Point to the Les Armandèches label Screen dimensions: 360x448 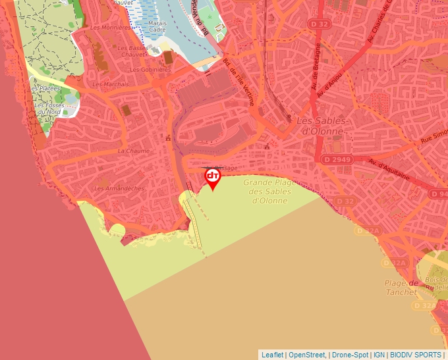point(119,188)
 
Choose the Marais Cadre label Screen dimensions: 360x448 point(157,26)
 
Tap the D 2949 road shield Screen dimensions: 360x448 point(337,160)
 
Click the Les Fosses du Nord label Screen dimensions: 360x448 point(48,109)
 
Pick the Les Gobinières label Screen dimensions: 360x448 point(151,69)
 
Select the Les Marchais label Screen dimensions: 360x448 point(111,84)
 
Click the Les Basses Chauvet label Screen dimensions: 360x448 point(133,51)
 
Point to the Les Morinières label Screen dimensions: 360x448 point(110,28)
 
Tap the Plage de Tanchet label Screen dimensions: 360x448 point(402,287)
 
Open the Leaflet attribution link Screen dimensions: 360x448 point(272,355)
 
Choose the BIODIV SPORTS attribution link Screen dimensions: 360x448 point(416,355)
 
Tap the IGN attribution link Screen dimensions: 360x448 point(379,355)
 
